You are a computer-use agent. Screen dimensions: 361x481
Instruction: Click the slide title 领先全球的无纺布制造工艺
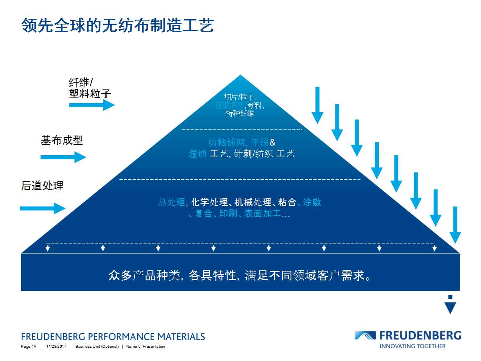[117, 25]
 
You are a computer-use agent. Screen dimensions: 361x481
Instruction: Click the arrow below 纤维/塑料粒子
[92, 105]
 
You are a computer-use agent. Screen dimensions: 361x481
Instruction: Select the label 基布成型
[62, 140]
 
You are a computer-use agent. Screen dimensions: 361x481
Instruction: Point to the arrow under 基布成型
[63, 157]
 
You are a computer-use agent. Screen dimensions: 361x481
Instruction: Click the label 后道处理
[42, 186]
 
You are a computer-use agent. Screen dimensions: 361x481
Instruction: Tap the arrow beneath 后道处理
[42, 208]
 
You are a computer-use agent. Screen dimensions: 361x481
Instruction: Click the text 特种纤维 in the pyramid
[240, 114]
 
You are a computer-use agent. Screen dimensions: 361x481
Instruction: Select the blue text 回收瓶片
[230, 105]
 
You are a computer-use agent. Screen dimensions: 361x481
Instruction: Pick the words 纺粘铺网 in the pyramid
[226, 142]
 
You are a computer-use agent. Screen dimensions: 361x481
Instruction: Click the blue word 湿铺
[198, 154]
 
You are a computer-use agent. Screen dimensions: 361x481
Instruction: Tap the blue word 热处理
[171, 202]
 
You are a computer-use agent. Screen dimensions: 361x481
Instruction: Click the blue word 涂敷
[312, 202]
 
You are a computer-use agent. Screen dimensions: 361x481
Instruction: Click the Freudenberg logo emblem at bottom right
[365, 336]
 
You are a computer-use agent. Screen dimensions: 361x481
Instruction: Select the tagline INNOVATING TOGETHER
[412, 346]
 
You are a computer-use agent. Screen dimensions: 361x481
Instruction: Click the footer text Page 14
[28, 347]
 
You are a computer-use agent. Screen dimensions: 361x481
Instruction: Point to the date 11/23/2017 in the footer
[56, 347]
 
